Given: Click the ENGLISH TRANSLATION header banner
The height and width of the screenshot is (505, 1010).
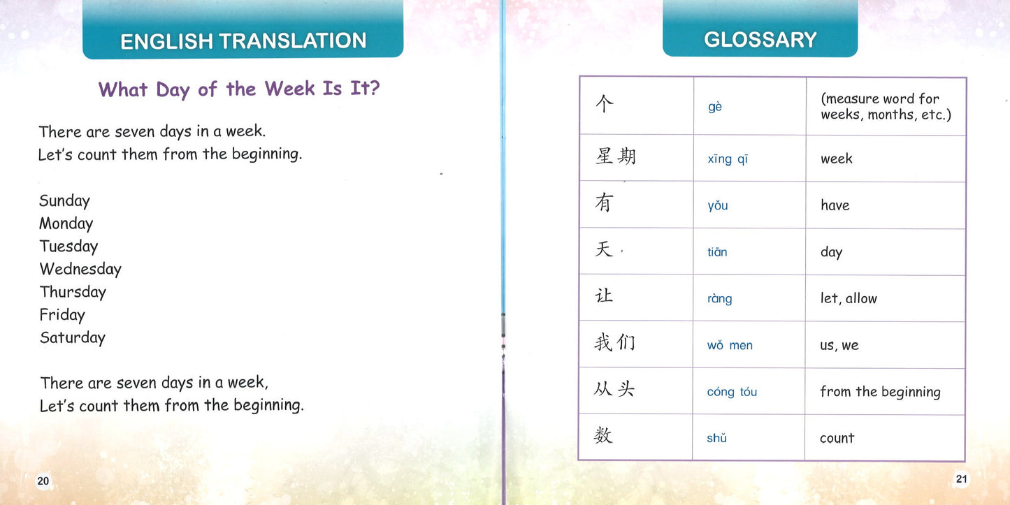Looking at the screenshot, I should [x=243, y=41].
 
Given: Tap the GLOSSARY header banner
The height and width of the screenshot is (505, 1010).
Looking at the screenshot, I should [x=760, y=39].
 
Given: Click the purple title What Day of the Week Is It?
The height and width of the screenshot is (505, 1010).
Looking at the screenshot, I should [x=238, y=89].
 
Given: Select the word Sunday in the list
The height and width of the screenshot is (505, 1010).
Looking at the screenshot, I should [x=64, y=201].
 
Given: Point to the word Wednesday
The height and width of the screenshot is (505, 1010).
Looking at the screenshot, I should [x=80, y=269].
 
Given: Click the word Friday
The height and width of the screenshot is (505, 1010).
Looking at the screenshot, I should [x=62, y=315].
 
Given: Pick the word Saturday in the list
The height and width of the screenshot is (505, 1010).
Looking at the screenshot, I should [x=72, y=338].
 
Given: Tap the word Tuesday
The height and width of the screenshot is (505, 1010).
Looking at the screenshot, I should [x=68, y=247].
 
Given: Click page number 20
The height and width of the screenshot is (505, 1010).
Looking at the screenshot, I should [x=43, y=481].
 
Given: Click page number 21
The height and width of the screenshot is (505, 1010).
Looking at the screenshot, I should [x=961, y=478].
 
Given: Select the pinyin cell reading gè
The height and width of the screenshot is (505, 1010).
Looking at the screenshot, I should [x=714, y=107].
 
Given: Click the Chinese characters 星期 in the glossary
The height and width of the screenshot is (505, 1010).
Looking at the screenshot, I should [x=615, y=156].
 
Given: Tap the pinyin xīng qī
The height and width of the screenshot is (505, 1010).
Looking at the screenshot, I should [x=728, y=159].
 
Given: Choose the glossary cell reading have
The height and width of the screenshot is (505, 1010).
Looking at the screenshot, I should [x=835, y=205].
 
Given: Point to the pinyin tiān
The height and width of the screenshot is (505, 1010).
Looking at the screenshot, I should [x=717, y=252].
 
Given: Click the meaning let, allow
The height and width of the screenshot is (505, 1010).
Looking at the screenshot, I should [x=848, y=298].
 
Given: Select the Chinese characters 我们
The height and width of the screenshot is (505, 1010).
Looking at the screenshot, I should [x=614, y=344].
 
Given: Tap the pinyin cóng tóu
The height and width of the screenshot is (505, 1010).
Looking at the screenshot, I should [x=732, y=392].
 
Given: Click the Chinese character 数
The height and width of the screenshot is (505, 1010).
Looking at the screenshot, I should [x=603, y=437].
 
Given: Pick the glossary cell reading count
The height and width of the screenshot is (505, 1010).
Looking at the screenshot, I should [x=837, y=439].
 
